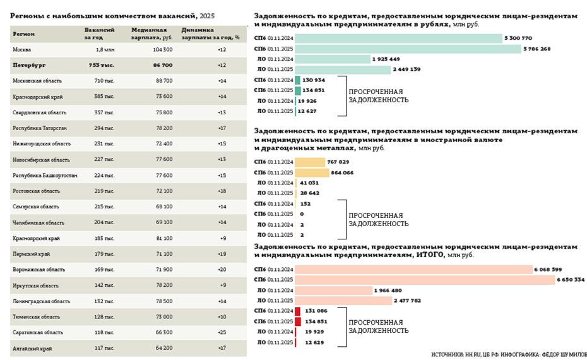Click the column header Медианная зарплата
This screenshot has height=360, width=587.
pyautogui.click(x=150, y=33)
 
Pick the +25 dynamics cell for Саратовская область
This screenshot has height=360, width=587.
pyautogui.click(x=222, y=332)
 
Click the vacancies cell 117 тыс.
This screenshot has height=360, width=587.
pyautogui.click(x=104, y=348)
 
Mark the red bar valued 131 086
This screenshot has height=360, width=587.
pyautogui.click(x=297, y=311)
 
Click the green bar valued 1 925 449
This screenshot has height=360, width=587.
pyautogui.click(x=333, y=59)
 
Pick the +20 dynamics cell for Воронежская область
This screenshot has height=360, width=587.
pyautogui.click(x=222, y=270)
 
